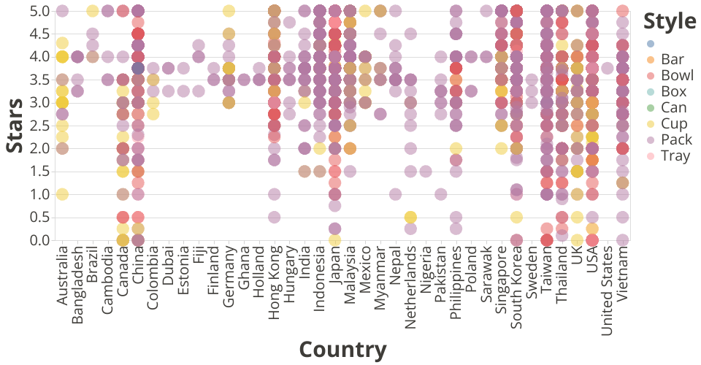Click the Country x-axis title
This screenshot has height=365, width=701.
342,349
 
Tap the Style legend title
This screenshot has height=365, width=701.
669,21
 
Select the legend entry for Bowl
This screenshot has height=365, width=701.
672,75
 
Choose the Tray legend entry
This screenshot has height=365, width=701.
672,155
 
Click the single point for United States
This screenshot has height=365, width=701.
608,68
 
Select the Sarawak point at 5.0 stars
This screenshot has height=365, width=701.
486,11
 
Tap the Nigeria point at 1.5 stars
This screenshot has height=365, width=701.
426,171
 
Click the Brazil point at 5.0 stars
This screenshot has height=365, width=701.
93,11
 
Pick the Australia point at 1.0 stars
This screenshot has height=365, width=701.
62,193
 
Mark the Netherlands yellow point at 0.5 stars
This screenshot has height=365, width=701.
410,217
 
